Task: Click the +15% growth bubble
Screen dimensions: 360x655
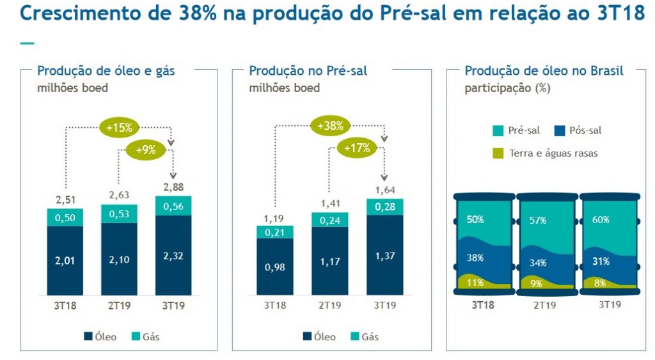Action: [x=120, y=127]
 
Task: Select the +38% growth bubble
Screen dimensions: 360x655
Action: [x=331, y=126]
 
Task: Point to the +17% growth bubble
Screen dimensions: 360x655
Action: [x=357, y=148]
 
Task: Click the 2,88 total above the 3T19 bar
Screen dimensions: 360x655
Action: [x=173, y=187]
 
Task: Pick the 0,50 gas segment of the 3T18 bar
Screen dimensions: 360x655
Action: [x=65, y=217]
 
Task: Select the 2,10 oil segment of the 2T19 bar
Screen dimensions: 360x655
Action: [x=119, y=260]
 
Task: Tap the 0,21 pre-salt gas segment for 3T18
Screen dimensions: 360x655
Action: [x=275, y=231]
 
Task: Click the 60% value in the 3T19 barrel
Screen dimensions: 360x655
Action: [x=601, y=219]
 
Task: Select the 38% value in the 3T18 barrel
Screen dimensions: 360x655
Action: [x=475, y=258]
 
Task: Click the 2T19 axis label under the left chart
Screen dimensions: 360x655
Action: [x=119, y=306]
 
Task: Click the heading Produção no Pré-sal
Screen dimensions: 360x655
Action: [x=308, y=71]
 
